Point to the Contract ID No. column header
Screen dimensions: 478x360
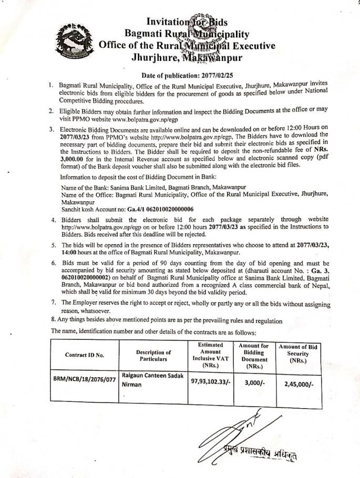tap(85, 355)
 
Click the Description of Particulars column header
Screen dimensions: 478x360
tap(153, 356)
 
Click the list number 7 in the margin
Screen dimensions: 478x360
tap(54, 303)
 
